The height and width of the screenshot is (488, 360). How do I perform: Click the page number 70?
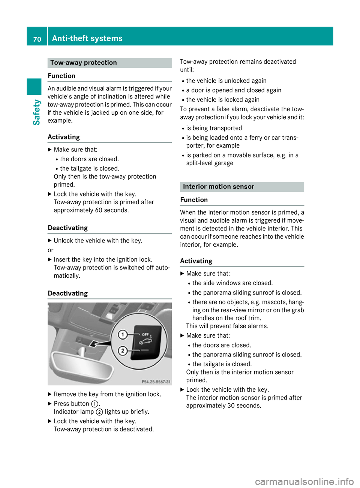(x=37, y=39)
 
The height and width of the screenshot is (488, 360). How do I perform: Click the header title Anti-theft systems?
(x=87, y=38)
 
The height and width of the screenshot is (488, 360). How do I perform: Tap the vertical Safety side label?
(x=36, y=112)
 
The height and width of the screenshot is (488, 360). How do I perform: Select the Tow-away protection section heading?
(x=83, y=63)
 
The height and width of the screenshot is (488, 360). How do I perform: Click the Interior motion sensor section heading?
(x=218, y=187)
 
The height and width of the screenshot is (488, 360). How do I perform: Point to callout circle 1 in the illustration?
(x=122, y=334)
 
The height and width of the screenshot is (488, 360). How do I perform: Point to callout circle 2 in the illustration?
(x=122, y=351)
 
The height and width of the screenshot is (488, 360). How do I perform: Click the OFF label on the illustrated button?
(x=145, y=334)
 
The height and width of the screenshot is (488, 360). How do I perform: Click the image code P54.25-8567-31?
(x=156, y=382)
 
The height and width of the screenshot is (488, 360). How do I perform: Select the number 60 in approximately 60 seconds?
(x=99, y=210)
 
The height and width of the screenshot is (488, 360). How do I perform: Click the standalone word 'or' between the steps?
(x=51, y=250)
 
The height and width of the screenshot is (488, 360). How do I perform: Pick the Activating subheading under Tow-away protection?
(x=64, y=137)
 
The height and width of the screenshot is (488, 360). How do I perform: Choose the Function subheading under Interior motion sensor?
(x=194, y=200)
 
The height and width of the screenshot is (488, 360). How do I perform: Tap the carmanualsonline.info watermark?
(x=304, y=481)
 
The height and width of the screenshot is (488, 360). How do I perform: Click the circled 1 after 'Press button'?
(x=95, y=404)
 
